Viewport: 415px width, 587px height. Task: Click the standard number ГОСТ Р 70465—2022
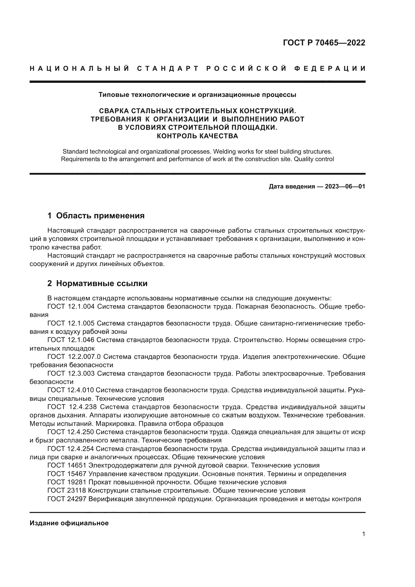tap(324, 43)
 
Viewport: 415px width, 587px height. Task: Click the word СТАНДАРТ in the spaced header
tap(168, 69)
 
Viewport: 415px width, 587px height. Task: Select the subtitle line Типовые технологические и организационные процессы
tap(197, 95)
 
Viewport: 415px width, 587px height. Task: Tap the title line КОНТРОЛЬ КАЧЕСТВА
tap(197, 136)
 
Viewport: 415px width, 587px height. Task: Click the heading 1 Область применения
tap(96, 216)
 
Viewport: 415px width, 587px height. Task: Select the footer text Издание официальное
tap(69, 523)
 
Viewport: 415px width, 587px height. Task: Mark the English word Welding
tap(224, 151)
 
